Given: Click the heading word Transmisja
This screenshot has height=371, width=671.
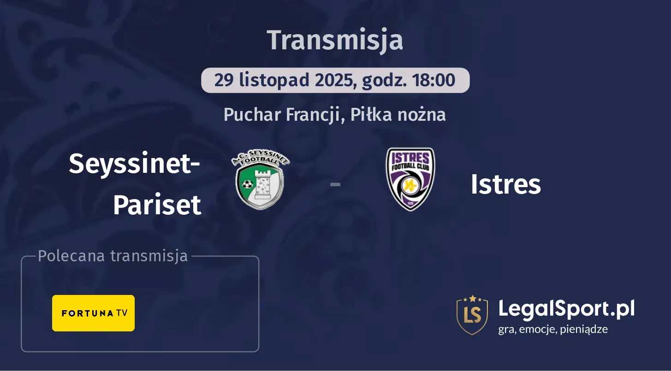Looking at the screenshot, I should (x=335, y=40).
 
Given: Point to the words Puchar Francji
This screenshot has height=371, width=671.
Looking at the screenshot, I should (x=282, y=115).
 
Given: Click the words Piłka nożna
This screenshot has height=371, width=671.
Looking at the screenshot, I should (x=398, y=115).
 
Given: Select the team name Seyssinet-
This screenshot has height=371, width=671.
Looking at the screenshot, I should (x=134, y=164).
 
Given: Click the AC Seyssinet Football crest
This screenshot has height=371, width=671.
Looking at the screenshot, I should (x=261, y=179).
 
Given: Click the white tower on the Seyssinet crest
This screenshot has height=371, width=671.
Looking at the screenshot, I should (x=261, y=182).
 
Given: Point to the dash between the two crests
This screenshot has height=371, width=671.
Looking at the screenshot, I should (x=335, y=184).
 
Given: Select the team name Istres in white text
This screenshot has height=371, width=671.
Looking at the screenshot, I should (x=505, y=184).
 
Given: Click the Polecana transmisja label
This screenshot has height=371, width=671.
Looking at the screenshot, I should (x=113, y=256).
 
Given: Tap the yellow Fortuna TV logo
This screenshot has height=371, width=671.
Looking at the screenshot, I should (x=93, y=313).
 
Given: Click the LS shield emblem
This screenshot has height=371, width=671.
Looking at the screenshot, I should (x=472, y=315).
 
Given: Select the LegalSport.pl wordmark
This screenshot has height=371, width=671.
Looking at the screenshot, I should (x=566, y=308).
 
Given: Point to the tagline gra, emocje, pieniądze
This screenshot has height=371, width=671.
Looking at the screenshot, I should (x=553, y=330).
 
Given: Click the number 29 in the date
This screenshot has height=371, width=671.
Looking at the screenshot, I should (x=224, y=80).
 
